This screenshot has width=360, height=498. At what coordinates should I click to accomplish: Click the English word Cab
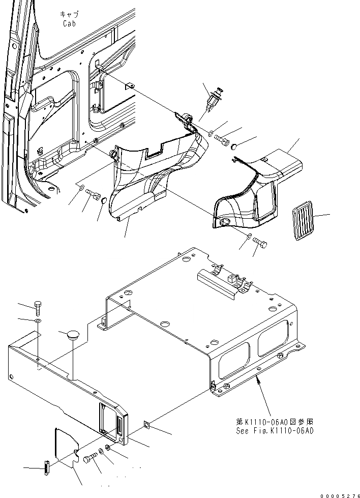pyautogui.click(x=69, y=23)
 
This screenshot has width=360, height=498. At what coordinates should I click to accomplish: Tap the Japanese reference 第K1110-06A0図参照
pyautogui.click(x=275, y=422)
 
